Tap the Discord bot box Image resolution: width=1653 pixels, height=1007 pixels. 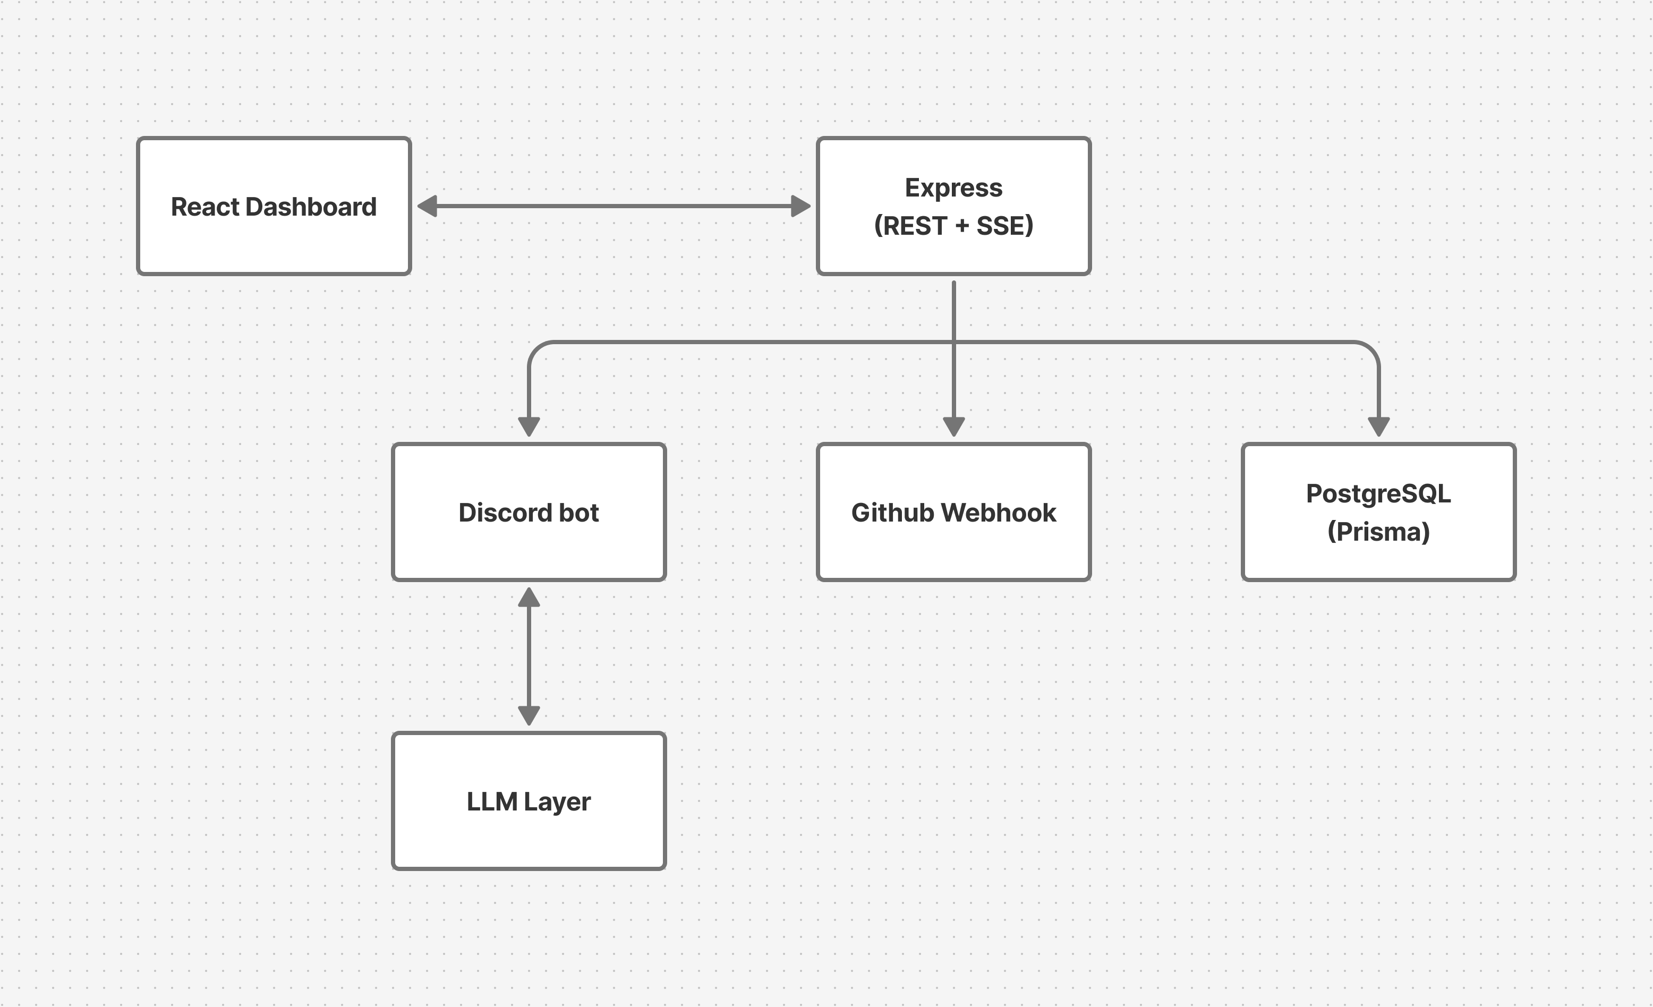pyautogui.click(x=529, y=550)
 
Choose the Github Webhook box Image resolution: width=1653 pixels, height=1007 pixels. pyautogui.click(x=953, y=550)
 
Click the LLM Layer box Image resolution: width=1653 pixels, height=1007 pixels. pyautogui.click(x=529, y=839)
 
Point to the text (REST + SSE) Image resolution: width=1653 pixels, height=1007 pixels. pyautogui.click(x=953, y=226)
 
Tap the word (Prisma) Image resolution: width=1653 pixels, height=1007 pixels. pyautogui.click(x=1378, y=532)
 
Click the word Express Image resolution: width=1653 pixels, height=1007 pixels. pyautogui.click(x=953, y=188)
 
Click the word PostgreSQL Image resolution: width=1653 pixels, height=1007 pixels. pyautogui.click(x=1378, y=494)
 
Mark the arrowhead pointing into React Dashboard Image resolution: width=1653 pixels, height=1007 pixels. pyautogui.click(x=428, y=206)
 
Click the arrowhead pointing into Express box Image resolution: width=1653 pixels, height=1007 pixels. pyautogui.click(x=800, y=206)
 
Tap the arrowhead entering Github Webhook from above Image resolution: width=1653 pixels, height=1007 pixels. pyautogui.click(x=953, y=426)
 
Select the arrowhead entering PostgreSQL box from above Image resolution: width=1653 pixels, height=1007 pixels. pyautogui.click(x=1378, y=426)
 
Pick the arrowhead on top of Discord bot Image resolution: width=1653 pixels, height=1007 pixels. pyautogui.click(x=529, y=426)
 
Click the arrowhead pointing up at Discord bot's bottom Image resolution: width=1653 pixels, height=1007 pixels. pyautogui.click(x=529, y=597)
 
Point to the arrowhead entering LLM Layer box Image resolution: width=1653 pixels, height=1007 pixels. pyautogui.click(x=529, y=715)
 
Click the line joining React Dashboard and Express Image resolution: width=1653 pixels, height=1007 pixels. pyautogui.click(x=614, y=206)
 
